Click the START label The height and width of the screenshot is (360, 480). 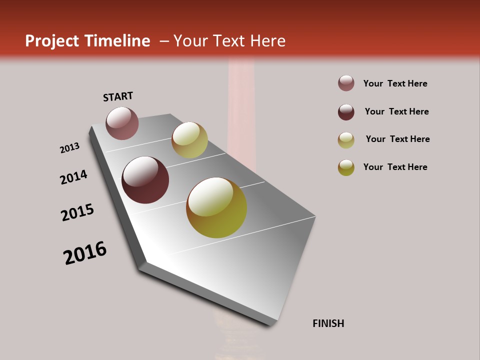[x=118, y=96]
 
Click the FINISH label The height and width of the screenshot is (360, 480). [x=328, y=323]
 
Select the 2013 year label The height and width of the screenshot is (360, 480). [x=69, y=148]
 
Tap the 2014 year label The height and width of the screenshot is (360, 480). [x=73, y=177]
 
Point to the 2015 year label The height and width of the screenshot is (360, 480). [x=77, y=212]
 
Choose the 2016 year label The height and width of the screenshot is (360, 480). [x=85, y=253]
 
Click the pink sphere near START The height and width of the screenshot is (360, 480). [x=122, y=123]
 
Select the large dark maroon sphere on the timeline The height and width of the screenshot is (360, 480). [x=145, y=180]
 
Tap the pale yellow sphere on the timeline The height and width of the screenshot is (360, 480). [x=189, y=140]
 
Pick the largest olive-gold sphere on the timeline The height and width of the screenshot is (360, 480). [x=216, y=207]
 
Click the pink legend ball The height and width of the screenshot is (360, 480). [x=346, y=83]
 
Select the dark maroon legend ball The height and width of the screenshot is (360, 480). [x=346, y=112]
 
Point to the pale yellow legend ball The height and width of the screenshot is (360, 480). [x=346, y=140]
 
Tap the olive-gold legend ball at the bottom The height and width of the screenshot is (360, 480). [x=346, y=167]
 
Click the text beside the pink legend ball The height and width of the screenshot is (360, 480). [x=395, y=83]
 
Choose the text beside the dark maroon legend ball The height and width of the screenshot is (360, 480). [x=396, y=111]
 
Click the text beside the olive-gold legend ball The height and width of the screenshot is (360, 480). [x=395, y=167]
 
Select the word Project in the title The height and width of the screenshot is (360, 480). [x=52, y=41]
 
